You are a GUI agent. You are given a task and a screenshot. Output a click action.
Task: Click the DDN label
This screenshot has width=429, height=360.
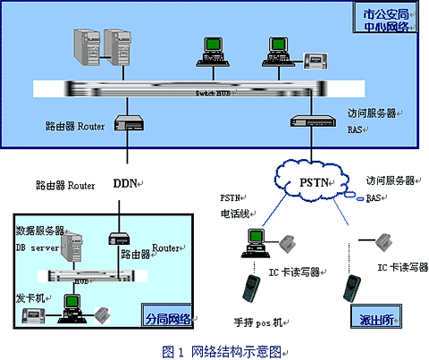coord(124,185)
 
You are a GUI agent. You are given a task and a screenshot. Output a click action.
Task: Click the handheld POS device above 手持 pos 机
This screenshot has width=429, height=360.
coord(248,290)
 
